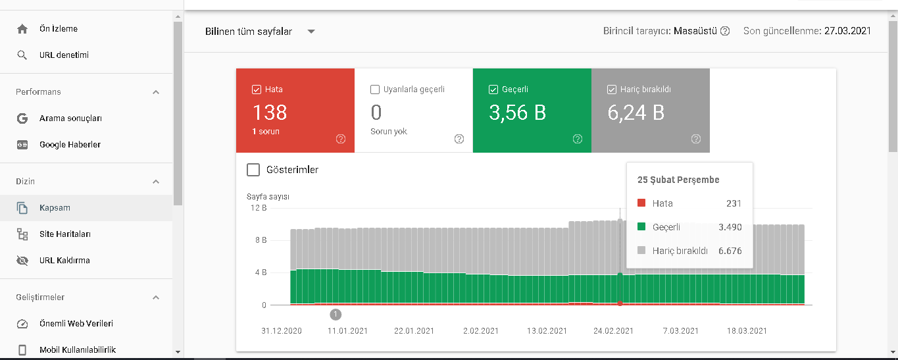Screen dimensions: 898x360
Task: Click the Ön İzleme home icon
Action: click(22, 29)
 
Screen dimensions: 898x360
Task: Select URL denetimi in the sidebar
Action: click(64, 55)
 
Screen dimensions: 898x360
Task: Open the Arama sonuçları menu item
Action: click(70, 118)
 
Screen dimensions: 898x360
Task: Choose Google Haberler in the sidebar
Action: click(70, 144)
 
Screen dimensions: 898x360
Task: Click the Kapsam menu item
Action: click(55, 208)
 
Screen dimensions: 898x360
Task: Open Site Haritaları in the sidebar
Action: click(65, 234)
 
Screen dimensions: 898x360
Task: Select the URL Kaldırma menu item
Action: click(64, 260)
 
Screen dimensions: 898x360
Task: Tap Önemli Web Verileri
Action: click(76, 324)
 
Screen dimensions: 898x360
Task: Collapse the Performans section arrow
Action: click(156, 92)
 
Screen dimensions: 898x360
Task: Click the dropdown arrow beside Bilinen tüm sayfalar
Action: click(311, 32)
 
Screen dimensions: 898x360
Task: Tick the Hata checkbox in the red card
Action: click(257, 90)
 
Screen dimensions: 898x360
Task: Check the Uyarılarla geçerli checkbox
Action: click(375, 90)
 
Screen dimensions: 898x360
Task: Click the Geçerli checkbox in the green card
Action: click(493, 90)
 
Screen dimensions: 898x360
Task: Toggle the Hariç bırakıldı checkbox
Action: click(612, 90)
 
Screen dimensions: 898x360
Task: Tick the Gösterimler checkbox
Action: click(253, 170)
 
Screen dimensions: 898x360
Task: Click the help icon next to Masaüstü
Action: click(725, 31)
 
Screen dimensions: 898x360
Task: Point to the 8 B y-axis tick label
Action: click(261, 240)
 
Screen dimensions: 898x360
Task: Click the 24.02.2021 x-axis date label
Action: click(613, 331)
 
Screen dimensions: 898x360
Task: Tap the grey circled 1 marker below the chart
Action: click(336, 315)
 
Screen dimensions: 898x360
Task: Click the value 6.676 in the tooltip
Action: click(730, 251)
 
